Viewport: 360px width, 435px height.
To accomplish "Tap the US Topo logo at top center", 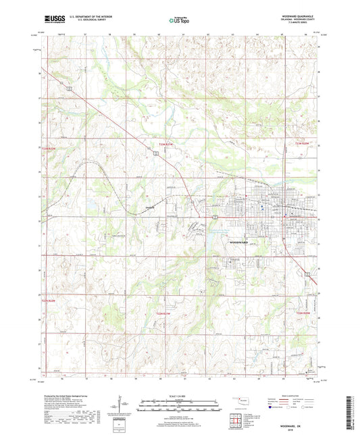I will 179,20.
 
